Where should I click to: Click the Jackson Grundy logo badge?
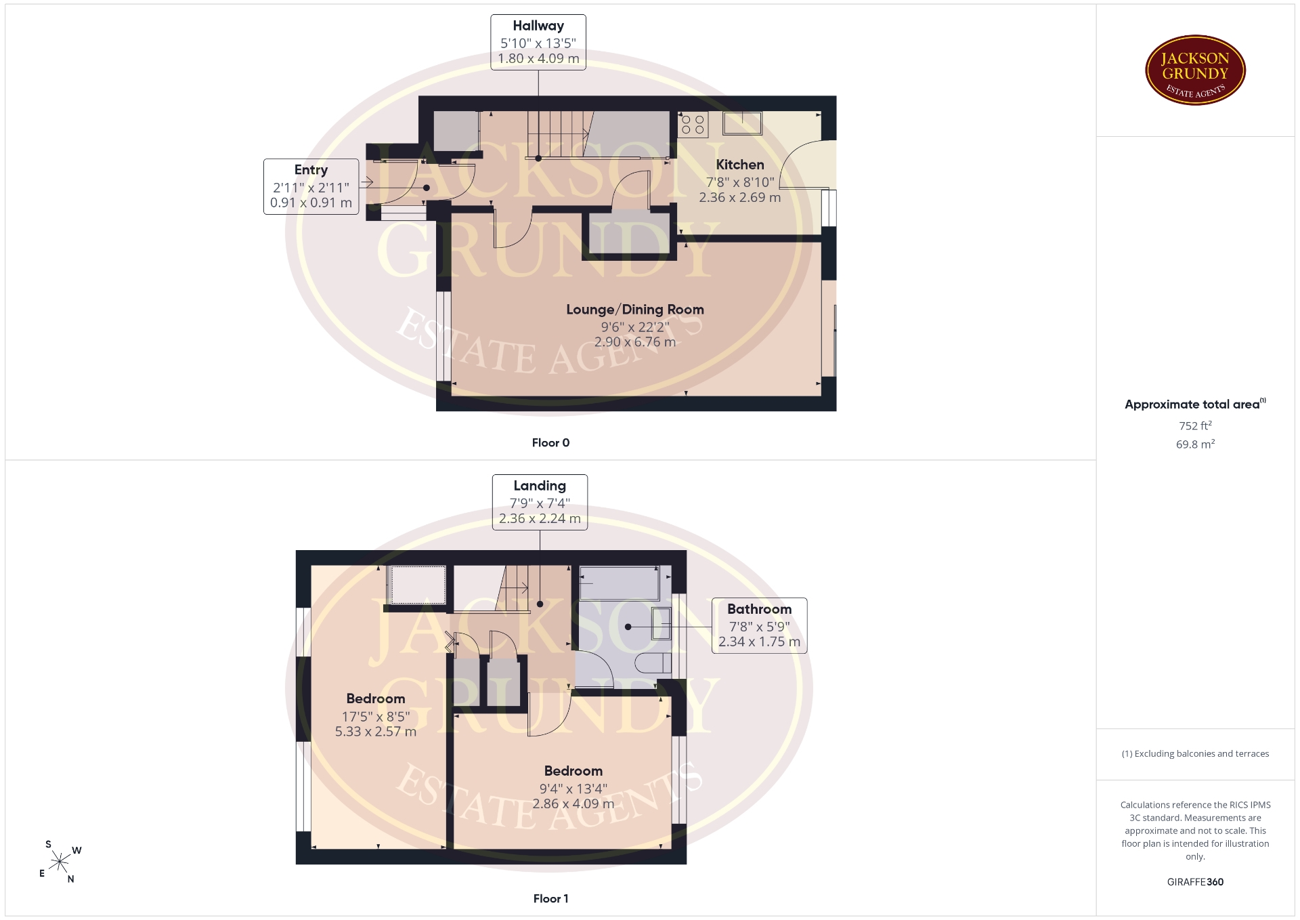coord(1195,70)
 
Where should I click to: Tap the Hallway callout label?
coord(538,42)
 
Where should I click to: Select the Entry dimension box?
coord(311,186)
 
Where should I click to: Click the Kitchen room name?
coord(740,165)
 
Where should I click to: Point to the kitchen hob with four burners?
coord(693,125)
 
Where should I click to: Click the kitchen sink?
coord(743,123)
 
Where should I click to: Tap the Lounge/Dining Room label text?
coord(635,310)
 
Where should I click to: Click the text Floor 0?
coord(550,443)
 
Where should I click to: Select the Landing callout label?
coord(540,502)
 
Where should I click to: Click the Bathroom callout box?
coord(759,625)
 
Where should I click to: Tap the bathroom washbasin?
coord(662,623)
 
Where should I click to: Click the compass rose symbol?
coord(60,862)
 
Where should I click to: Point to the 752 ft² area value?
coord(1195,425)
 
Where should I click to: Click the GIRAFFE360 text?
coord(1195,882)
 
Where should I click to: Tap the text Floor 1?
coord(550,899)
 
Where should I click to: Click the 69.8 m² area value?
coord(1195,444)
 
